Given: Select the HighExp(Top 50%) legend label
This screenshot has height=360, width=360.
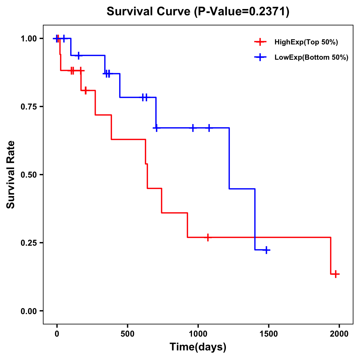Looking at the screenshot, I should click(306, 42).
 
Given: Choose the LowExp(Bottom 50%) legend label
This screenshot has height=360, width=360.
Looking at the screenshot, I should click(311, 58).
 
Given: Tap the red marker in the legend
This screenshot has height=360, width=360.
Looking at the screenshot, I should click(260, 42).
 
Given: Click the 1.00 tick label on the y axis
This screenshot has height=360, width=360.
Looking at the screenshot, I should click(28, 39).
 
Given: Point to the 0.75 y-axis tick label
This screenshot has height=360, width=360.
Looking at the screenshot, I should click(28, 107).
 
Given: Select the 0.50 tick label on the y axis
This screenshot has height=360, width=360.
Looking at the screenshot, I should click(28, 175).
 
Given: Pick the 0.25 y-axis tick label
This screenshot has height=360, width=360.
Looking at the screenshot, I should click(28, 243).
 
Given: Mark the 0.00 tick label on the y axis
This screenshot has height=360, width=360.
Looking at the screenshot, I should click(28, 311).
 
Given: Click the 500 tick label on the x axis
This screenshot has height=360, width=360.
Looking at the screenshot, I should click(127, 334).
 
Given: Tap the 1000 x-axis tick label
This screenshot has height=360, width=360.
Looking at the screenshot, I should click(198, 334).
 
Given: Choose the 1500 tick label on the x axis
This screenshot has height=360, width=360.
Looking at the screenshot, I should click(268, 334).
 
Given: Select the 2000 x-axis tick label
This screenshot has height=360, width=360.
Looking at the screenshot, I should click(339, 334).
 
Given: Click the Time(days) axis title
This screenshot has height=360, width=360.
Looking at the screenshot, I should click(198, 347).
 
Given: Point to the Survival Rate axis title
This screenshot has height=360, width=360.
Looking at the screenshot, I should click(11, 175).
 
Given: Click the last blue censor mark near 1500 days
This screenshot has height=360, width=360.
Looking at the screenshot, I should click(266, 250).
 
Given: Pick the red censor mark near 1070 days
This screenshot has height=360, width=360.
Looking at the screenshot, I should click(207, 237).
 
